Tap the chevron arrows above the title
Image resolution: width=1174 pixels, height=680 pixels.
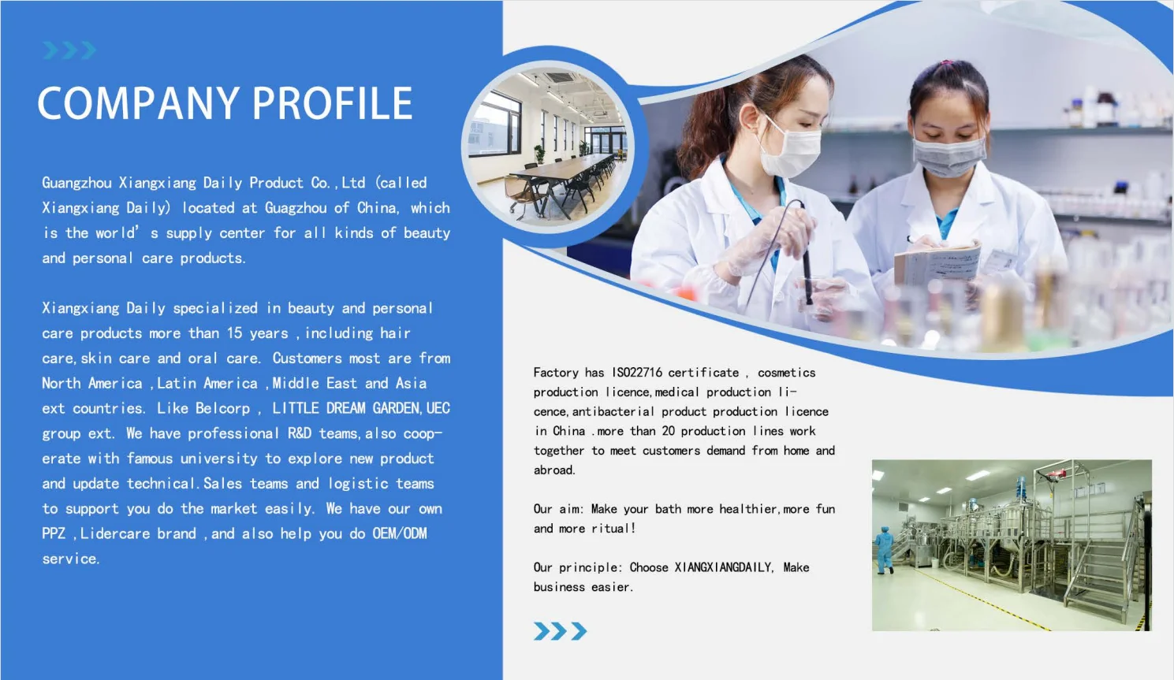[x=69, y=50]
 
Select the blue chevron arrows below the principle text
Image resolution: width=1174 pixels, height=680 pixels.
[x=561, y=631]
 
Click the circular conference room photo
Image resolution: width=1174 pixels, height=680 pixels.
[x=548, y=147]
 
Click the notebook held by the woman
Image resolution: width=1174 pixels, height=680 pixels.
[x=937, y=265]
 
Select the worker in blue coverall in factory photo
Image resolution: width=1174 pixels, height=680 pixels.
[x=884, y=550]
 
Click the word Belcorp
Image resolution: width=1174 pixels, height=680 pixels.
[x=223, y=408]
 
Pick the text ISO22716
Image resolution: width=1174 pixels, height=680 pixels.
[x=637, y=373]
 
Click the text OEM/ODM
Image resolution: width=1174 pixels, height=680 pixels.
[x=400, y=533]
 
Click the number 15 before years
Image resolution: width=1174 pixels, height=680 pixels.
[x=234, y=333]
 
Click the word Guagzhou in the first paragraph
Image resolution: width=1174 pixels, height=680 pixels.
[x=296, y=208]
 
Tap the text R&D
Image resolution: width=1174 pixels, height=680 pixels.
[x=300, y=433]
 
